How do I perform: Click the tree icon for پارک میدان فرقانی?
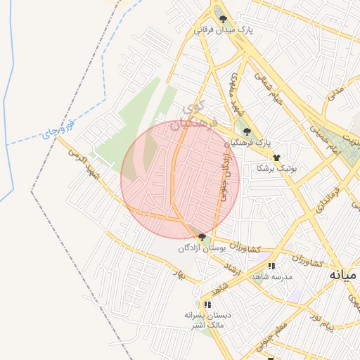click(223, 20)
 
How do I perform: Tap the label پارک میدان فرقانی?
click(223, 31)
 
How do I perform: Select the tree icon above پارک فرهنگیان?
click(246, 131)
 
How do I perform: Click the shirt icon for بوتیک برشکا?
click(276, 158)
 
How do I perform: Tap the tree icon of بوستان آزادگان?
click(202, 237)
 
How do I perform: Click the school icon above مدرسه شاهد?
click(271, 266)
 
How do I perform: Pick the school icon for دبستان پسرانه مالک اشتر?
click(207, 304)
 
